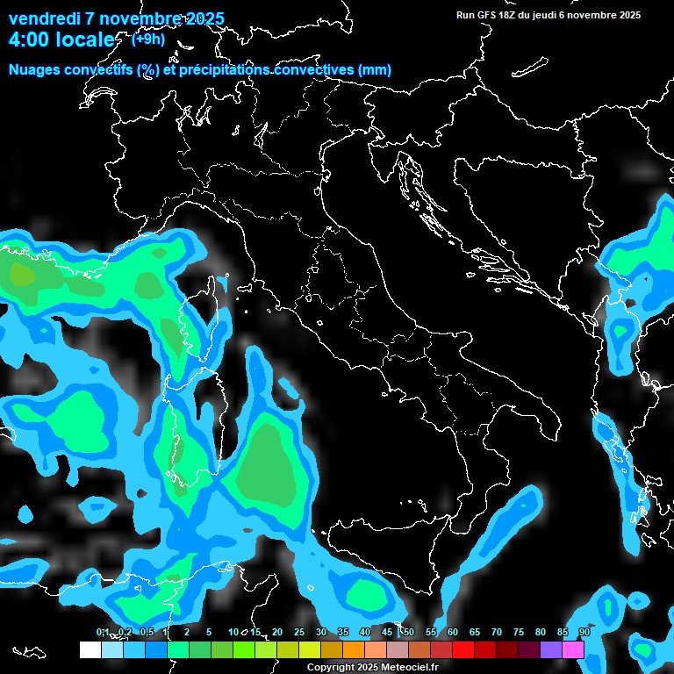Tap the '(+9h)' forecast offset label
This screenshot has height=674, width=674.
click(x=148, y=39)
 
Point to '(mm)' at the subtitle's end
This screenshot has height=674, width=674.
click(x=374, y=70)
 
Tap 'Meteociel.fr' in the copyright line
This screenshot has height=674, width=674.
click(x=409, y=668)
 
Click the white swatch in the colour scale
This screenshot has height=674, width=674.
click(x=90, y=649)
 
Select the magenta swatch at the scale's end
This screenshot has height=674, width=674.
click(x=573, y=649)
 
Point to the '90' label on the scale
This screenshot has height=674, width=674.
click(x=584, y=633)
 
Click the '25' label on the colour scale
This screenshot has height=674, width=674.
click(x=298, y=633)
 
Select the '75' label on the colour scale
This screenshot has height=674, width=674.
click(x=518, y=633)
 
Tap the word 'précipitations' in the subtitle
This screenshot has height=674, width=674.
click(x=224, y=70)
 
